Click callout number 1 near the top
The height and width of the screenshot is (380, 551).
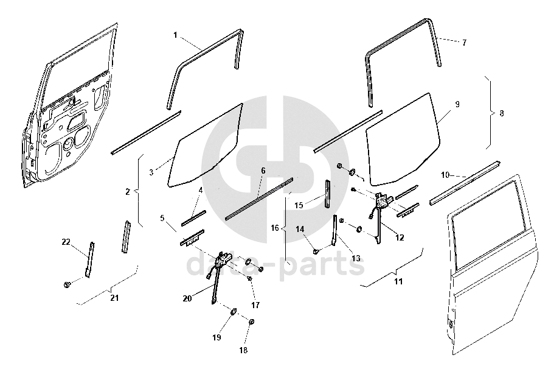[176, 35]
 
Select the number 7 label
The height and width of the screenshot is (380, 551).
[464, 43]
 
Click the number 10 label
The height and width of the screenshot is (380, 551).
[445, 175]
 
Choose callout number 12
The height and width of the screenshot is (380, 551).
[400, 237]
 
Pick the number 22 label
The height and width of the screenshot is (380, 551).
[66, 242]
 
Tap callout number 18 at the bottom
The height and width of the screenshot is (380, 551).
[243, 350]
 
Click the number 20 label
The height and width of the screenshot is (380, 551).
[187, 298]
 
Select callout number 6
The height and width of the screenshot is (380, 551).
[263, 171]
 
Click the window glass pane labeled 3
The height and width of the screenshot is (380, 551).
[207, 143]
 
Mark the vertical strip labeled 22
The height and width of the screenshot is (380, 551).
[90, 259]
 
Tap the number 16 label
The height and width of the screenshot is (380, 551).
[275, 228]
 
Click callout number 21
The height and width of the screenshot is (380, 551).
[114, 297]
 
